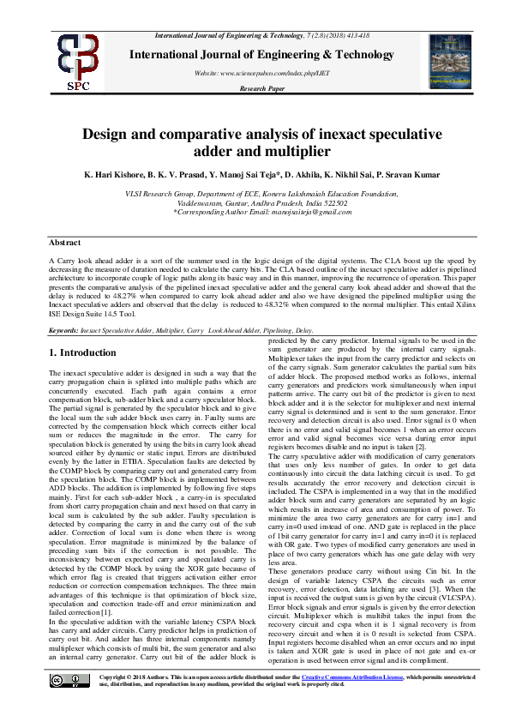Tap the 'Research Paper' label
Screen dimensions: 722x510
coord(261,88)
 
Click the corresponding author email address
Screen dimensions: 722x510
coord(316,212)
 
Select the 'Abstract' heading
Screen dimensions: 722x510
coord(65,244)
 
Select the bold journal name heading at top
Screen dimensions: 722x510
coord(255,53)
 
